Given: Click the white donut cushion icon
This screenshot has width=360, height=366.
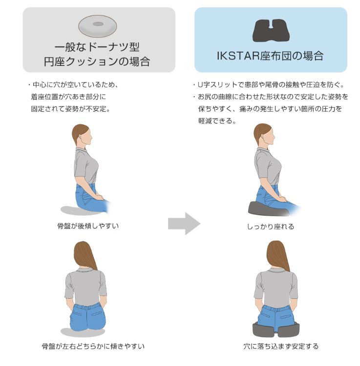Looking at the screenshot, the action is point(97,26).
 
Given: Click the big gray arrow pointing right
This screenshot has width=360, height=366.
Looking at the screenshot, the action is point(184,224).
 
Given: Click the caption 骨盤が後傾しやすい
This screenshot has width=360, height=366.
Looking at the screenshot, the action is point(88,226).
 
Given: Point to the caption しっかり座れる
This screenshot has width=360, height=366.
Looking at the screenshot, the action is point(271,226).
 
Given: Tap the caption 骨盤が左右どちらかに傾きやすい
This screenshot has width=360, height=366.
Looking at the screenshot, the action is point(93,346).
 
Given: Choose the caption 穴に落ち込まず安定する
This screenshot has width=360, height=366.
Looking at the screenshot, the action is point(281,346).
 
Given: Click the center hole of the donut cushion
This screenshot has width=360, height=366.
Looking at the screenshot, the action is point(98,24).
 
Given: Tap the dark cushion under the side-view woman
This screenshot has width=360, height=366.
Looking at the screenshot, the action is point(269,209).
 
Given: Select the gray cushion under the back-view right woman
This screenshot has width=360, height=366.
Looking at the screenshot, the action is point(276,329).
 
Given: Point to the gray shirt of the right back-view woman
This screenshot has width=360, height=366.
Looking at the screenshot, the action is point(276,288).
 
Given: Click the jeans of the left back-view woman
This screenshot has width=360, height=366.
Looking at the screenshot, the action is point(88,316).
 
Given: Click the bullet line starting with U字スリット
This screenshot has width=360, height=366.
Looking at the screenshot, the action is point(269,84).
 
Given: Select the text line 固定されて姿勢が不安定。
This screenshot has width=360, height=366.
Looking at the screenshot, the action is point(70,109).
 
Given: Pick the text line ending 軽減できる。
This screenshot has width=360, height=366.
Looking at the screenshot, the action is point(217,121).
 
